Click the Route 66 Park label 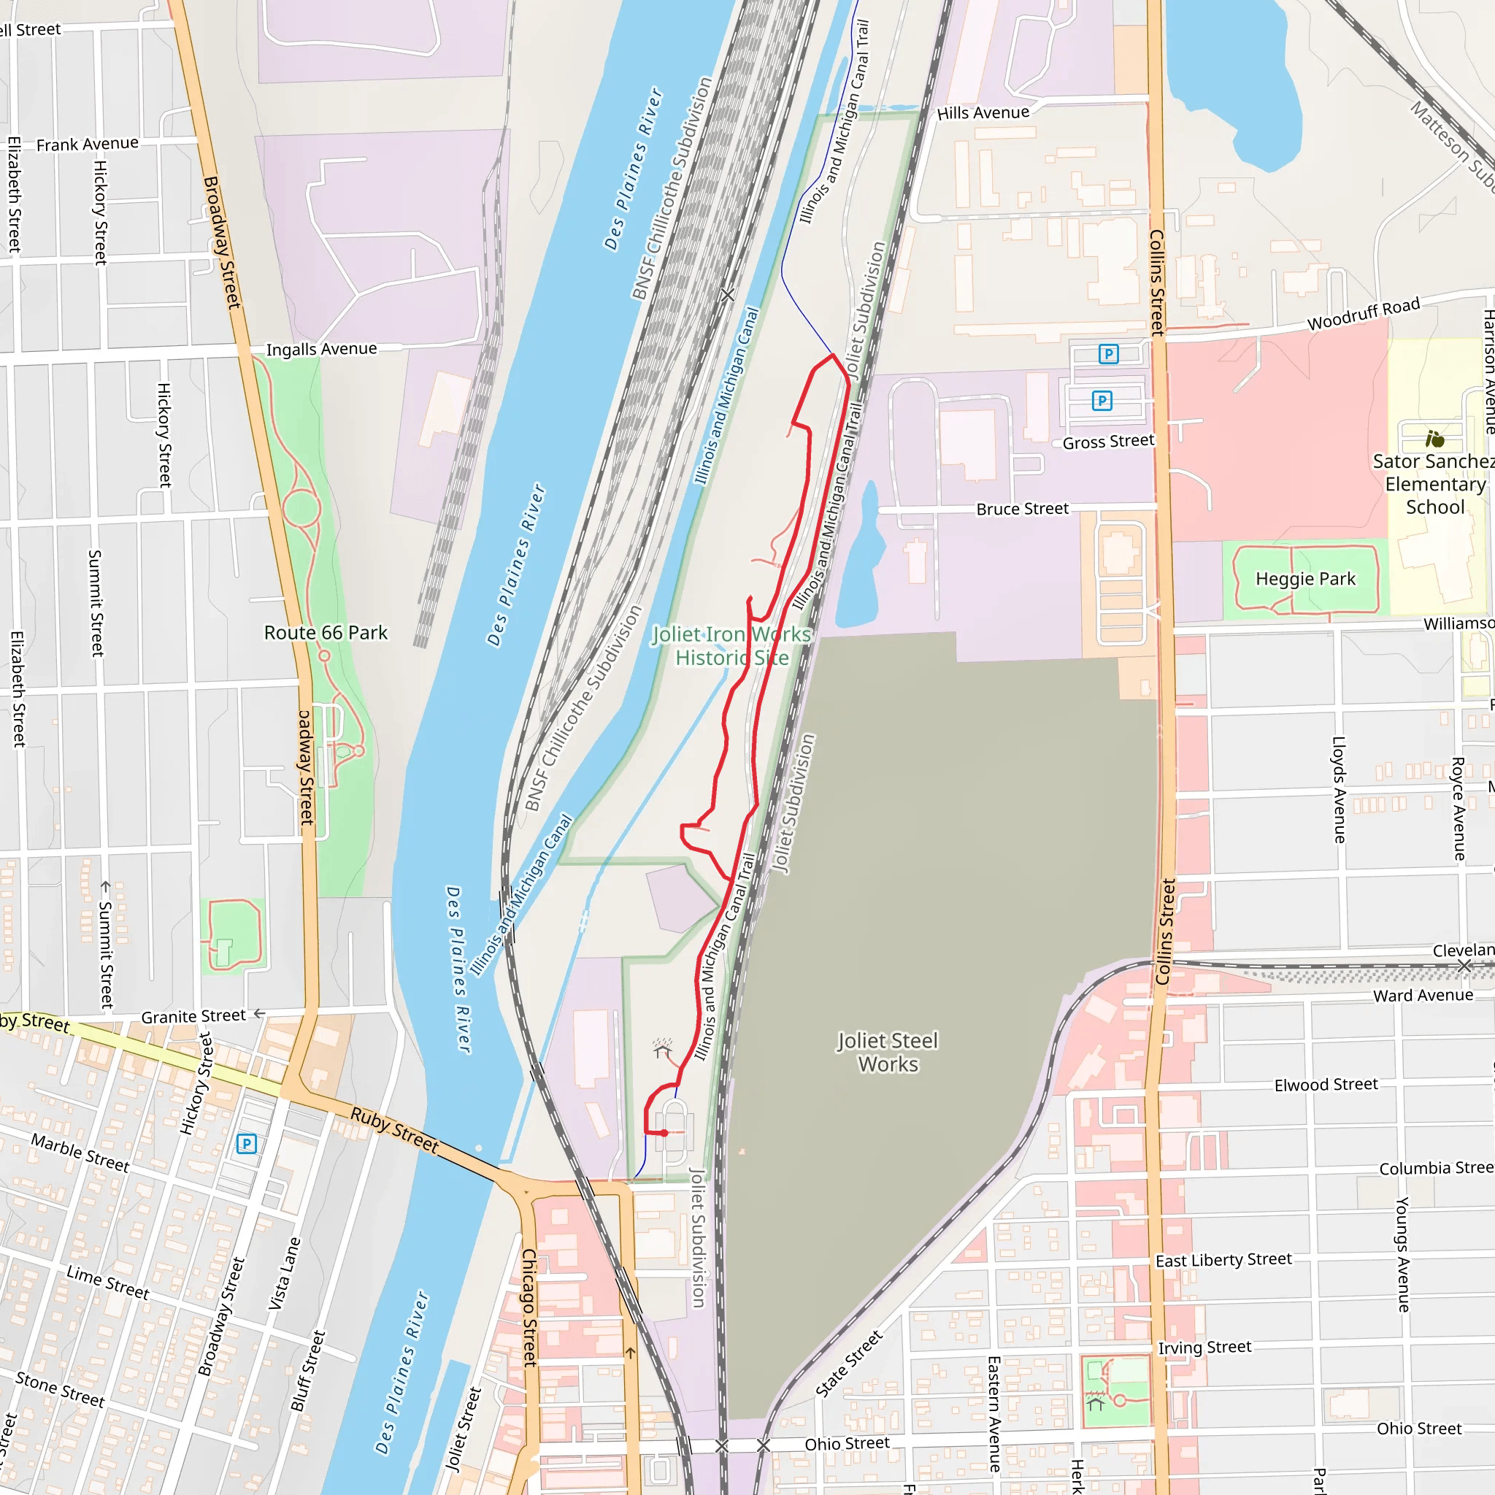coord(326,633)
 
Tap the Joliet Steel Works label coord(888,1053)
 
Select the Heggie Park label coord(1305,579)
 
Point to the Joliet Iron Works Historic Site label coord(731,646)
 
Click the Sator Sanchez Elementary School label coord(1434,485)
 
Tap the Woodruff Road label coord(1364,313)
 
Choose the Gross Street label coord(1108,442)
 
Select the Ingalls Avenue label coord(321,349)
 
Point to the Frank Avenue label coord(88,144)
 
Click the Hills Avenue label coord(983,113)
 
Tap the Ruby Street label coord(395,1130)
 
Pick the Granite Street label coord(193,1017)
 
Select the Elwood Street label coord(1326,1085)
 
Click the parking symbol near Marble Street coord(246,1144)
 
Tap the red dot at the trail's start coord(664,1133)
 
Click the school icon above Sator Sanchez coord(1434,439)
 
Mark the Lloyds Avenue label coord(1339,789)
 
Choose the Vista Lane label coord(284,1274)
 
